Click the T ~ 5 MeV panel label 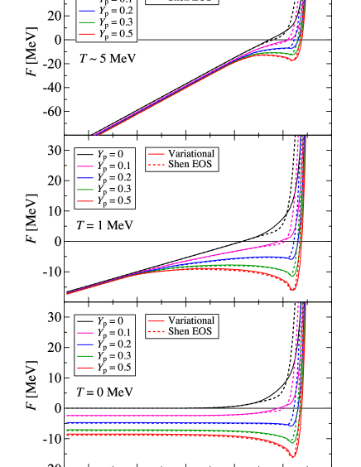(x=107, y=59)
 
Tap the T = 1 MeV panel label (x=104, y=225)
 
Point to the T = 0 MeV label (x=104, y=392)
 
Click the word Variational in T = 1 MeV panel (x=190, y=153)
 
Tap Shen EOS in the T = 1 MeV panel (x=190, y=165)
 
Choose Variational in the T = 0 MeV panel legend (x=190, y=320)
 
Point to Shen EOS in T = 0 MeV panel (x=190, y=331)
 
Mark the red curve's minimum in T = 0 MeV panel (x=292, y=455)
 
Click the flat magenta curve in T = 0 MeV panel (x=166, y=416)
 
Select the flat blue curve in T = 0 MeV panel (x=166, y=422)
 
